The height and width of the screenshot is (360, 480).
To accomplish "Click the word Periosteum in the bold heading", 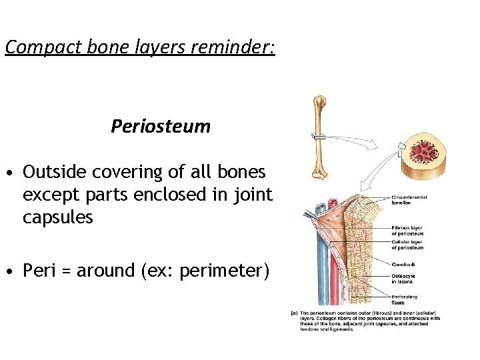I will click(x=161, y=127).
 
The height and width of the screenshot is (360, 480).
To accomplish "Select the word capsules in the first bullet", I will click(x=58, y=218).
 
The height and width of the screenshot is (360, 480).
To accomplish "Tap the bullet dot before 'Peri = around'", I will click(x=10, y=272).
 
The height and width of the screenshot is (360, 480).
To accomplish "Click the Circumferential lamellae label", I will click(x=409, y=199).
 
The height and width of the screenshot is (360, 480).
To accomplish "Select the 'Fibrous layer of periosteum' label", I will click(x=407, y=231).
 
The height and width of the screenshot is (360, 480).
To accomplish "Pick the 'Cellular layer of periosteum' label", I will click(x=407, y=245).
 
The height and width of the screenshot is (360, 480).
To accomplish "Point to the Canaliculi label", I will click(x=404, y=265).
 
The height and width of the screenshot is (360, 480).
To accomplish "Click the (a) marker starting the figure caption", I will click(x=294, y=313).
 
